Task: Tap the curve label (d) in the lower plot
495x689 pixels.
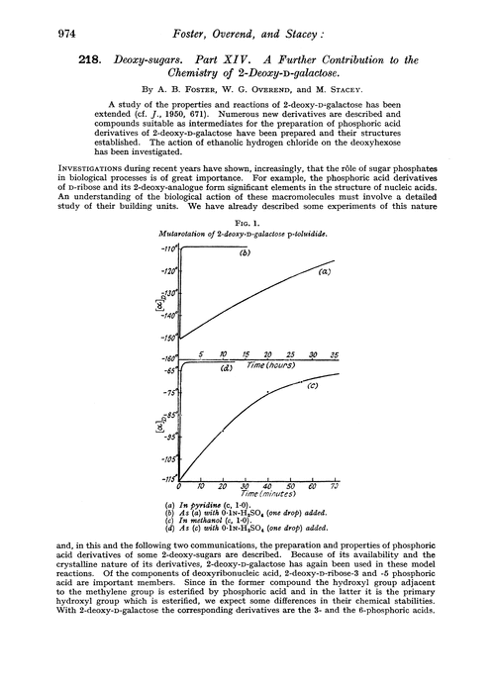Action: [x=226, y=368]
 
